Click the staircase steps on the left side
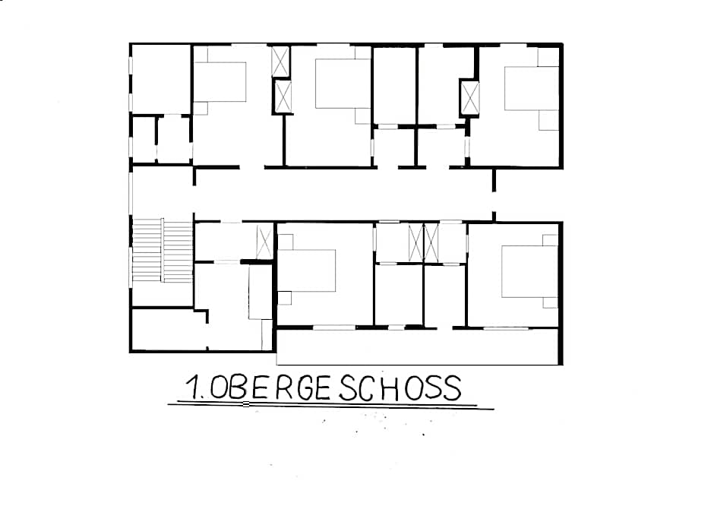point(163,250)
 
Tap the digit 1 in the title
point(194,387)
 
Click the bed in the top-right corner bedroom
point(532,88)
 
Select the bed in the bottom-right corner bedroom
point(529,271)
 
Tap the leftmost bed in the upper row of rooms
point(220,82)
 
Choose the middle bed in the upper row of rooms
point(343,84)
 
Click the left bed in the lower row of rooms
point(306,270)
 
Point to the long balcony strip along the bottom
point(418,346)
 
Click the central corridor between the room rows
point(344,194)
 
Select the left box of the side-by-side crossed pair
point(415,243)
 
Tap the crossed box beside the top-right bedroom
point(469,98)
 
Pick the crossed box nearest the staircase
point(264,242)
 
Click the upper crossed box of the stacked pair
point(280,62)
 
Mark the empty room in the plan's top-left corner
point(161,79)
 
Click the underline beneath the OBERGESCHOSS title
point(331,405)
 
